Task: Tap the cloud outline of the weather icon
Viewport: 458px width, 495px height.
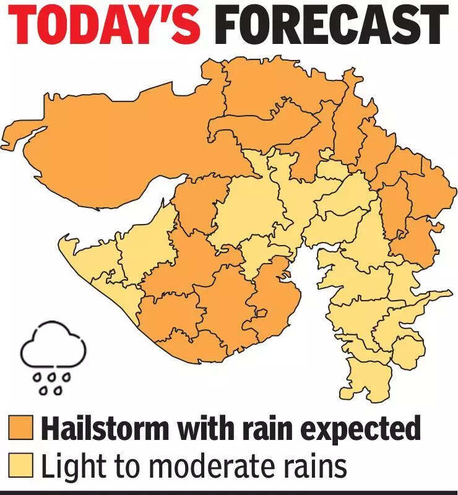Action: pos(52,346)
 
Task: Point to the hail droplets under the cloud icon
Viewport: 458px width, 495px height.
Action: pos(52,382)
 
